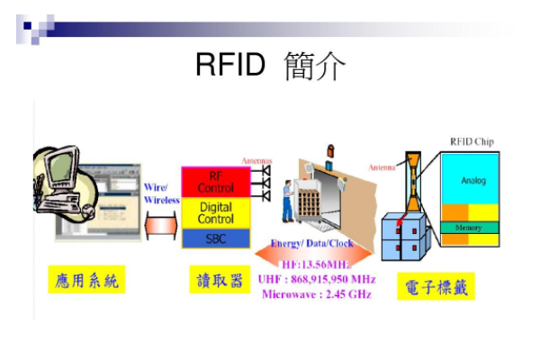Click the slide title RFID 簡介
click(x=270, y=66)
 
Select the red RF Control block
click(x=215, y=182)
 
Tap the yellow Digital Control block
click(x=215, y=213)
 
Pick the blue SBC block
click(x=215, y=238)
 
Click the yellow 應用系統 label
click(x=86, y=282)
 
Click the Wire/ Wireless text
click(x=161, y=193)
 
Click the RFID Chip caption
click(x=471, y=141)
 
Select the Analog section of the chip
click(x=473, y=181)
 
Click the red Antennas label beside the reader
click(x=256, y=162)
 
